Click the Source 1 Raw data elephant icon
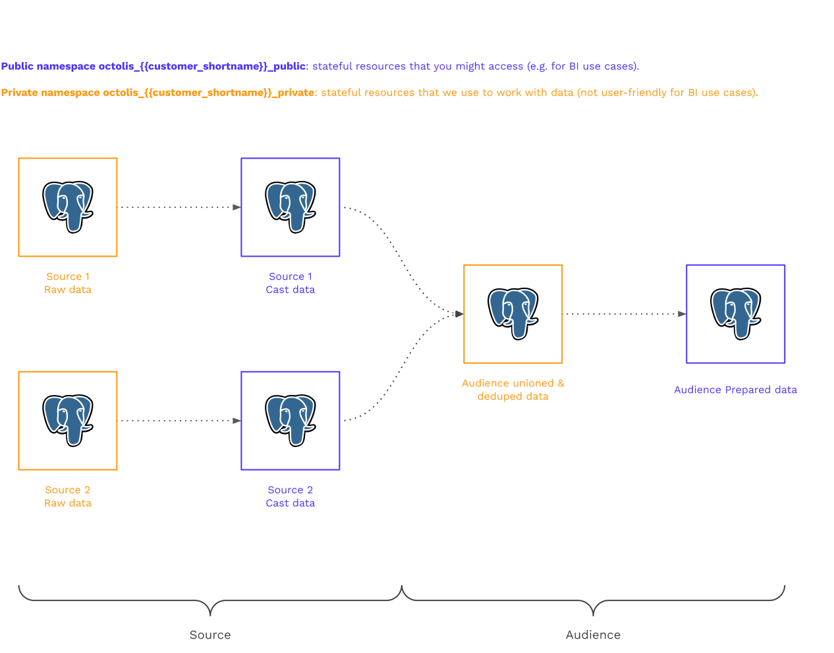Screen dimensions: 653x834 coord(68,207)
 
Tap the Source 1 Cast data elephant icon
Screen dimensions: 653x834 coord(291,207)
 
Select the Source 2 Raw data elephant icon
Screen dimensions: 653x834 coord(68,420)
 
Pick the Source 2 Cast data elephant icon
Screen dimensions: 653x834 coord(291,420)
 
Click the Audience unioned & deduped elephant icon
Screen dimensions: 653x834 coord(513,313)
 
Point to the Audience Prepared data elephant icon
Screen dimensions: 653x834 coord(736,313)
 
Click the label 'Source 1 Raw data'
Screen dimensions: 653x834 coord(68,283)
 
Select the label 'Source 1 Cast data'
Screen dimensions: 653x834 coord(291,283)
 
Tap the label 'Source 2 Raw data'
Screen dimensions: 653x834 coord(68,496)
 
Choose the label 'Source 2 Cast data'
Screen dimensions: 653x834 coord(291,496)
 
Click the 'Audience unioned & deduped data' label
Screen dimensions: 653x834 coord(513,390)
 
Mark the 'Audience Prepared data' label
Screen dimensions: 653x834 coord(735,390)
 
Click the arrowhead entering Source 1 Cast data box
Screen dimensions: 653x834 coord(236,207)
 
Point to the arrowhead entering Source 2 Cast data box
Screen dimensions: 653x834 coord(236,421)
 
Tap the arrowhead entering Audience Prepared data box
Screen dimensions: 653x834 coord(682,314)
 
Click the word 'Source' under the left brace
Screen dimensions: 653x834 coord(210,635)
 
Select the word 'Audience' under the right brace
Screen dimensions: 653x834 coord(593,635)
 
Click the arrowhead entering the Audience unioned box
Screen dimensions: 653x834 coord(459,314)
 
